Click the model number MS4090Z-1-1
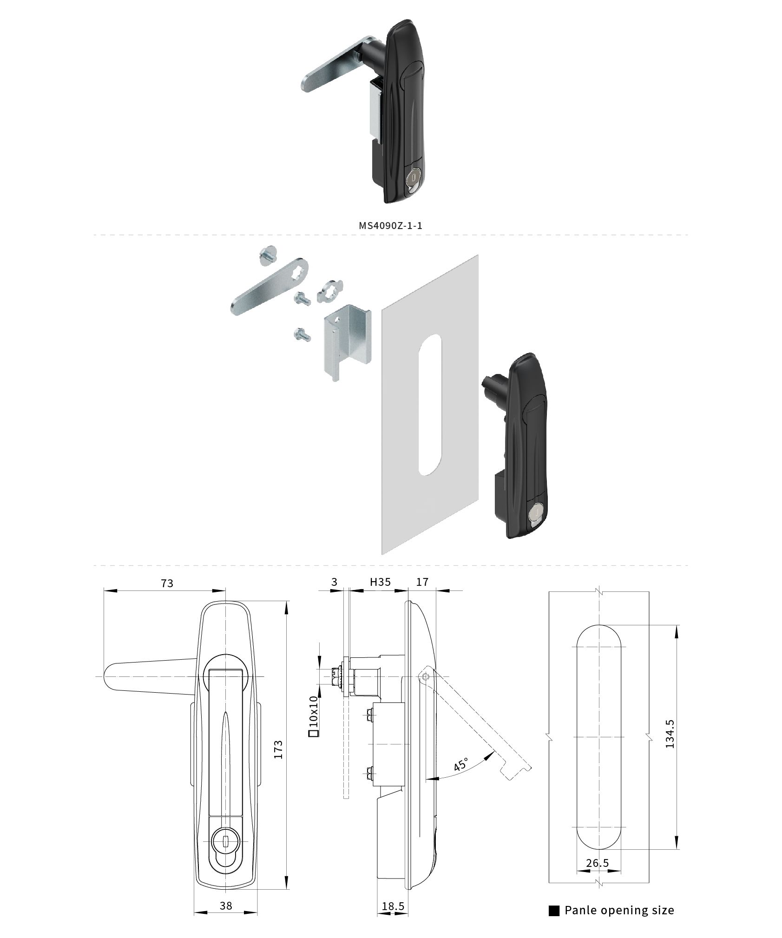pos(390,225)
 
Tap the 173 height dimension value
pos(278,749)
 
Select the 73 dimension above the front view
pos(167,583)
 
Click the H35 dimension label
pos(380,582)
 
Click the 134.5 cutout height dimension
pos(670,734)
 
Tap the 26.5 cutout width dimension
pos(597,863)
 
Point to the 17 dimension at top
pos(422,582)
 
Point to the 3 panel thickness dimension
pos(334,582)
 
